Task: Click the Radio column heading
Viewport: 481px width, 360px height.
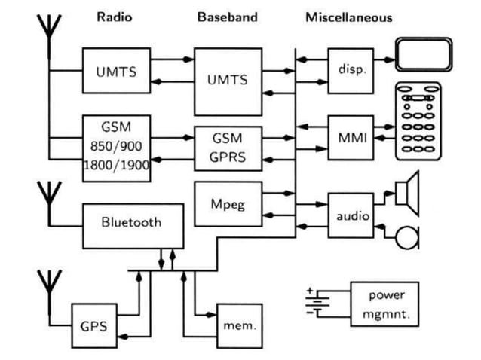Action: coord(114,17)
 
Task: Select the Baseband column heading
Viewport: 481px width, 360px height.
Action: coord(227,17)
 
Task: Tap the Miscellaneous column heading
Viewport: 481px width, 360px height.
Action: coord(348,17)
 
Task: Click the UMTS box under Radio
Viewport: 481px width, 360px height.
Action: coord(116,72)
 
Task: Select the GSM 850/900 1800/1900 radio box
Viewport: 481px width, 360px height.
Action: coord(116,148)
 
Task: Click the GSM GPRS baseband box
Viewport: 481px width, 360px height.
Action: coord(228,148)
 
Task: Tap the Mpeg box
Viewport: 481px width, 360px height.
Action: coord(228,203)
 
